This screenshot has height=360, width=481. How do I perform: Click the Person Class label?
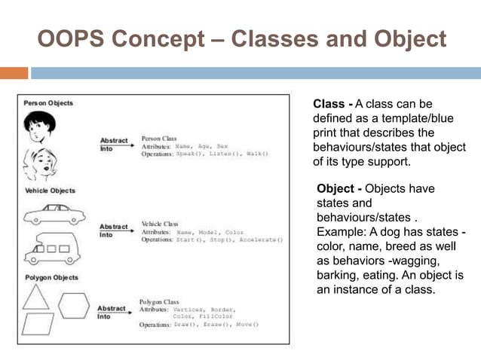[160, 139]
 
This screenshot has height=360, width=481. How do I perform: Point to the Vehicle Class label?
[161, 224]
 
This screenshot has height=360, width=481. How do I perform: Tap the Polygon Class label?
[161, 301]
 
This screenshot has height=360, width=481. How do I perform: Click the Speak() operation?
[191, 154]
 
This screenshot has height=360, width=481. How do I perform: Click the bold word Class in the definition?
[328, 103]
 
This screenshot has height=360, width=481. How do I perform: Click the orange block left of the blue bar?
[14, 73]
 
